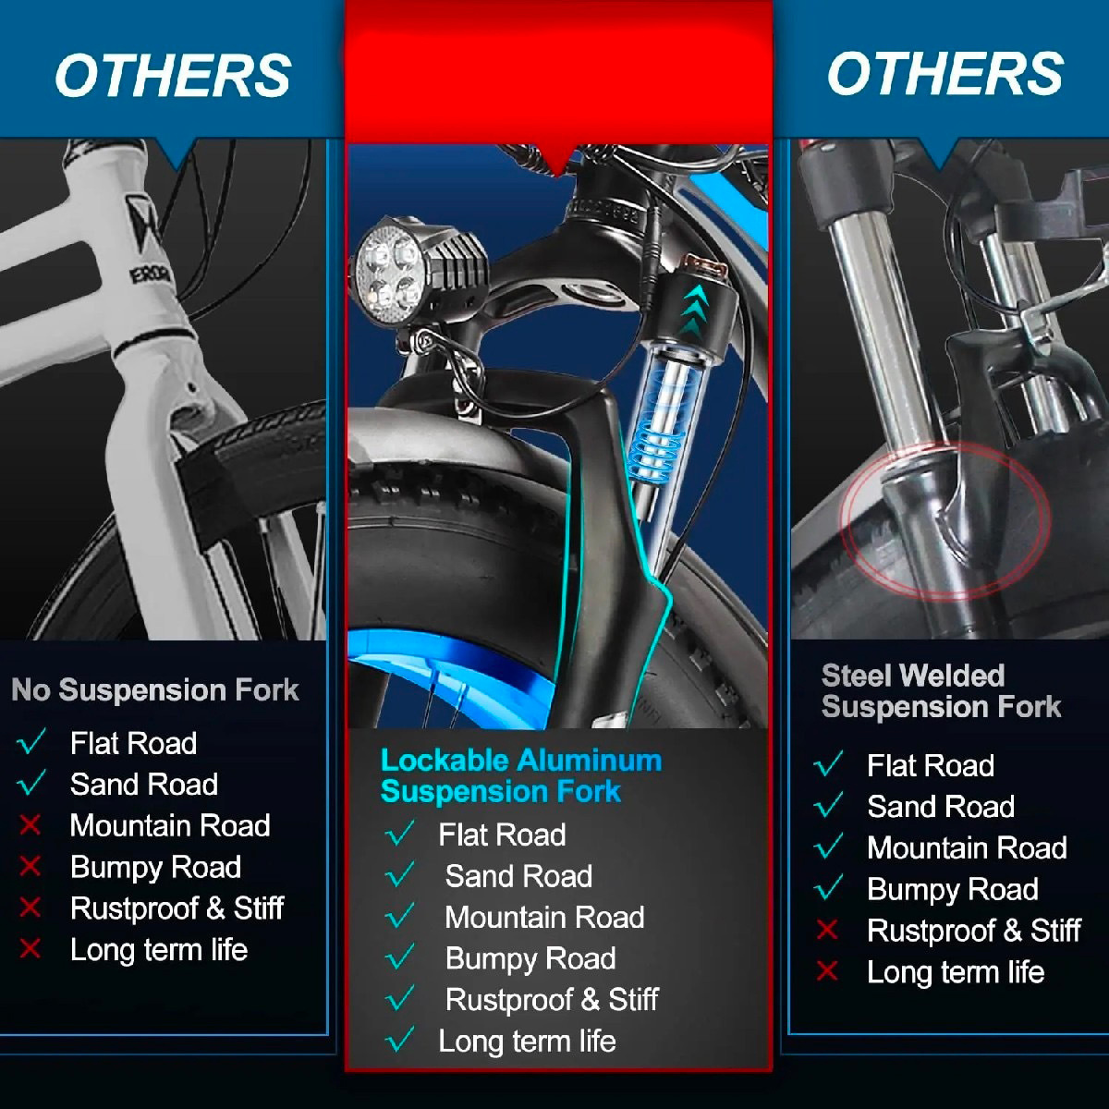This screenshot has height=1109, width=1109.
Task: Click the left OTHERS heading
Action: (x=173, y=76)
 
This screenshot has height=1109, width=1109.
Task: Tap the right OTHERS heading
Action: (x=944, y=74)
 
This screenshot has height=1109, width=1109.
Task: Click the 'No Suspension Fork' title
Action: (x=155, y=689)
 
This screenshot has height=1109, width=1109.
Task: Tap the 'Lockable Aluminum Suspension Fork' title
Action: (x=520, y=775)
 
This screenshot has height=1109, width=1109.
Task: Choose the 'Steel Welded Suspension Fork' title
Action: (x=940, y=690)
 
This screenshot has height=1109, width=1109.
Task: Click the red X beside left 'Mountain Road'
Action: (x=30, y=824)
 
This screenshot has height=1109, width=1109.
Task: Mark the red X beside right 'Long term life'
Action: (x=827, y=970)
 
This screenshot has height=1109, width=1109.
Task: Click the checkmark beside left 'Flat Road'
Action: (x=31, y=742)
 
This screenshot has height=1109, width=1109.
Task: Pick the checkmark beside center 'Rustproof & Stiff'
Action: (x=400, y=999)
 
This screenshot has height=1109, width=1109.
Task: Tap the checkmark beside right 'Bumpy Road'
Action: (x=828, y=888)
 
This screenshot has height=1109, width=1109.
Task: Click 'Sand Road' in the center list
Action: (x=518, y=876)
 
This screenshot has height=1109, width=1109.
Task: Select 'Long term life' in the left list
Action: (x=159, y=949)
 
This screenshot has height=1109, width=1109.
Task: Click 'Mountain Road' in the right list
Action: (x=967, y=847)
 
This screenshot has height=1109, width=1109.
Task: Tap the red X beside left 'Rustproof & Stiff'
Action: (x=30, y=908)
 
